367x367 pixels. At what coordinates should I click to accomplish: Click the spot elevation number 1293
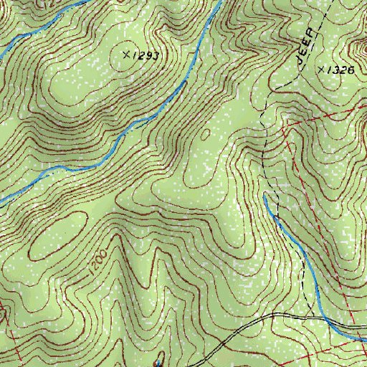[x=146, y=55]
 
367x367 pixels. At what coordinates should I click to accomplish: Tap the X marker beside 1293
[x=127, y=54]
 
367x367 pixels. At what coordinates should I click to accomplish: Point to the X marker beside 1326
[x=320, y=69]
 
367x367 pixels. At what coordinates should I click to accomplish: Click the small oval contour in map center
[x=206, y=133]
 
